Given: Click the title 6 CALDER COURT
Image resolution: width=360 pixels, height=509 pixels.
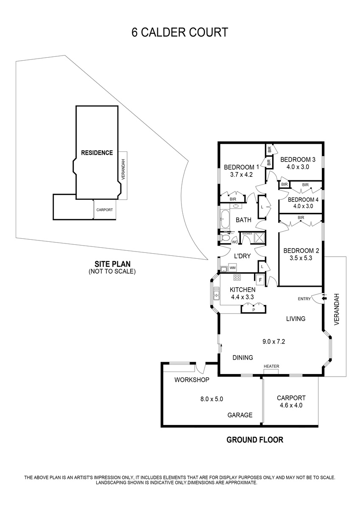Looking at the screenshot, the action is [x=180, y=32].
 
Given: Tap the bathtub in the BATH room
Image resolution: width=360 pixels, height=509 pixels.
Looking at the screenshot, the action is [x=225, y=219].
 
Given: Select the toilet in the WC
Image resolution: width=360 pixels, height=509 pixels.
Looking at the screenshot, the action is [x=225, y=238].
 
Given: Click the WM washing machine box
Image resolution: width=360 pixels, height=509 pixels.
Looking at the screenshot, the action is [x=232, y=268].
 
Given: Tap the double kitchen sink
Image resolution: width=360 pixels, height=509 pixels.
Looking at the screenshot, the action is [x=216, y=294].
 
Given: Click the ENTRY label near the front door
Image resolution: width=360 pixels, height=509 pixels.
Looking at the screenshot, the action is [x=304, y=299].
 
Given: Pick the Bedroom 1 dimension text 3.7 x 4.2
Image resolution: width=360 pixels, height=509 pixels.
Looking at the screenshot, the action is [x=241, y=175].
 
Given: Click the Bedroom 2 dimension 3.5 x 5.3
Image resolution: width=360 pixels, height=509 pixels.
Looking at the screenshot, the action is [x=301, y=258].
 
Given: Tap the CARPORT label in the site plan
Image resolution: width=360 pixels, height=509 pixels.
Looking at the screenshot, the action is [x=104, y=210].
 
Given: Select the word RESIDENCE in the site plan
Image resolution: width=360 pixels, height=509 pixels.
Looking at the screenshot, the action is [x=97, y=153].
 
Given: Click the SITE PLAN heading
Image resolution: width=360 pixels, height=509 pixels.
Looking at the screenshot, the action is [x=112, y=264].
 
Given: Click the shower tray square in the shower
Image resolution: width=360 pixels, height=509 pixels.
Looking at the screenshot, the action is [x=260, y=238].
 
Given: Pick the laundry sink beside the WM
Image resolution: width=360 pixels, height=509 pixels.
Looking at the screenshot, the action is [x=224, y=269].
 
